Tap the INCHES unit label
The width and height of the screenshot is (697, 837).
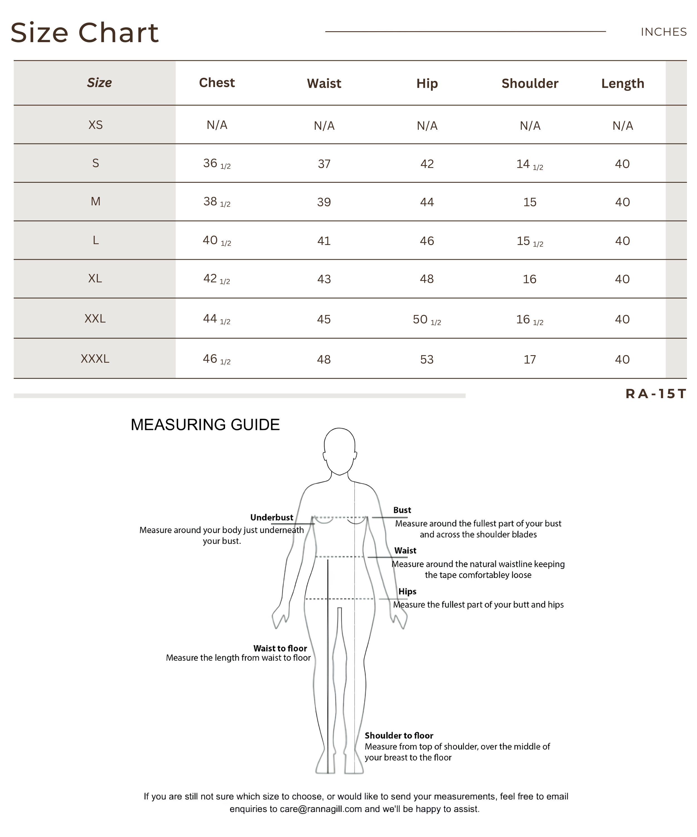click(x=663, y=32)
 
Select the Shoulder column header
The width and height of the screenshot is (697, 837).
click(x=529, y=83)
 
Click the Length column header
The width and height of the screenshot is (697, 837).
click(x=622, y=83)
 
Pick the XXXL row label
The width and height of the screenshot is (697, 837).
click(x=95, y=359)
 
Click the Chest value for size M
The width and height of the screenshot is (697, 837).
click(x=217, y=202)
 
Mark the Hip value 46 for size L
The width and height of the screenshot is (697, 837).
click(x=427, y=241)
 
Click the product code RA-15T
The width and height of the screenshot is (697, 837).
click(x=655, y=394)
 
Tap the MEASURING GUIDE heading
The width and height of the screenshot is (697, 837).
click(x=205, y=425)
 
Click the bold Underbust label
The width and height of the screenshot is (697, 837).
click(x=272, y=517)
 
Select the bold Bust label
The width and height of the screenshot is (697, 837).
click(x=402, y=510)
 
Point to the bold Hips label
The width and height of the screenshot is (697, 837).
click(x=407, y=591)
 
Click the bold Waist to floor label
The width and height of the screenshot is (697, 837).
click(x=280, y=648)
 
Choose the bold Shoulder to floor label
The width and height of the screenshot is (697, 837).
click(x=399, y=735)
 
